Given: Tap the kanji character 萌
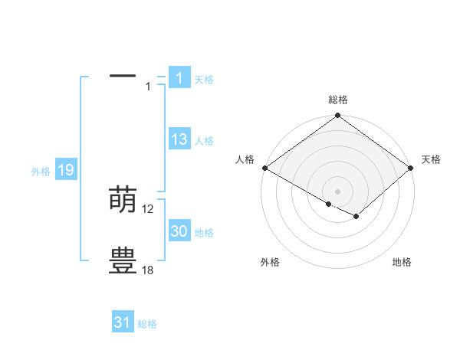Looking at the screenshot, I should pyautogui.click(x=123, y=200).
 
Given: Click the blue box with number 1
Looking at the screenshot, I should pyautogui.click(x=179, y=77).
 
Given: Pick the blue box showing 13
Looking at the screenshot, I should pyautogui.click(x=179, y=139).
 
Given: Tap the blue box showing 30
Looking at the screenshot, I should pyautogui.click(x=179, y=231).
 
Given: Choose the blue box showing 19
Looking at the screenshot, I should pyautogui.click(x=66, y=170).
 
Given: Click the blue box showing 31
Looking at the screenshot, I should pyautogui.click(x=123, y=322).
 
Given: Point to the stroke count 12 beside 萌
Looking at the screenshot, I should pyautogui.click(x=148, y=209).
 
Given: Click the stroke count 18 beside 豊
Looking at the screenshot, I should pyautogui.click(x=148, y=270).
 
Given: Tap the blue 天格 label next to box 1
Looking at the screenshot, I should pyautogui.click(x=204, y=79).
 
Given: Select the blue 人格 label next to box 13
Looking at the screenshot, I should pyautogui.click(x=204, y=141).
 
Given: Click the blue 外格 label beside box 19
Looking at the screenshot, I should pyautogui.click(x=41, y=172).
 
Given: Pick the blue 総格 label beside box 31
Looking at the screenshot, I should pyautogui.click(x=147, y=324).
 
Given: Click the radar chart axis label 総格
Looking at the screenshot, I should pyautogui.click(x=338, y=100).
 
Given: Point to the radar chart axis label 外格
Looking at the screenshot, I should pyautogui.click(x=270, y=262).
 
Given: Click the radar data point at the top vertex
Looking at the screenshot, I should pyautogui.click(x=338, y=116).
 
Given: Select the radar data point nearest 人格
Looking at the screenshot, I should pyautogui.click(x=264, y=168).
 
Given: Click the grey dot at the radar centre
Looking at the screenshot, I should pyautogui.click(x=338, y=191).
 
